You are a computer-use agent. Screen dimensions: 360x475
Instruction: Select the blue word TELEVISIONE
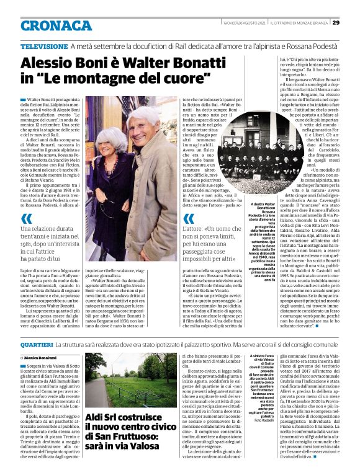point(43,47)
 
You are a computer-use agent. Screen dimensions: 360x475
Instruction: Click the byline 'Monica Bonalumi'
point(40,358)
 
